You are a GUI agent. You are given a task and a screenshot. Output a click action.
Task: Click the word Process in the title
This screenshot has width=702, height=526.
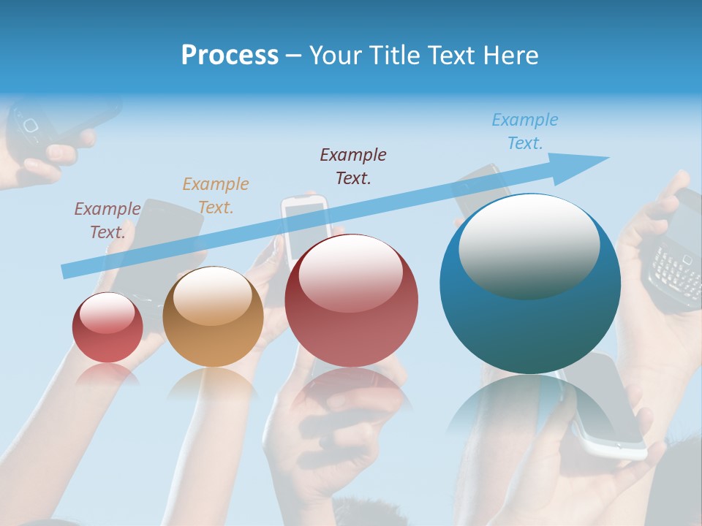tap(230, 56)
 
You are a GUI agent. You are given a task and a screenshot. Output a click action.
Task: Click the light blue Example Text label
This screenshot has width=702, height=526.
tap(525, 131)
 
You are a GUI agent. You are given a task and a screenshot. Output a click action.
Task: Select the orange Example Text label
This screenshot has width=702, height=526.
tap(216, 196)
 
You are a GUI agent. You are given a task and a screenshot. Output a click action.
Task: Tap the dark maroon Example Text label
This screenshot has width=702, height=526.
tap(353, 167)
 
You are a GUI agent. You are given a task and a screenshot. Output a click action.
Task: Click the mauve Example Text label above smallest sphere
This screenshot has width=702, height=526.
tap(107, 221)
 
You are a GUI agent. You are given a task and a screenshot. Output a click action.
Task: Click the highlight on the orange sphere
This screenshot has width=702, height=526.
tap(213, 296)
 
